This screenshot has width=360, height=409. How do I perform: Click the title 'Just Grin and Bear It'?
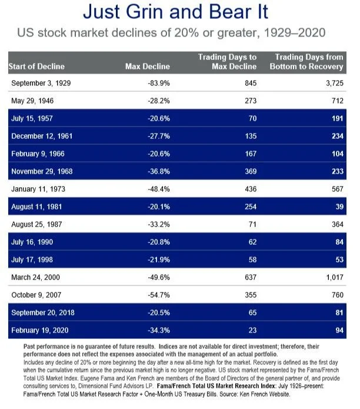point(180,12)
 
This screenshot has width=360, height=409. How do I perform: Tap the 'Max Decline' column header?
point(148,66)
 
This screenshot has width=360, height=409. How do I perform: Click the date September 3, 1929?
point(41,83)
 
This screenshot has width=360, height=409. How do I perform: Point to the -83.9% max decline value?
point(159,83)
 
